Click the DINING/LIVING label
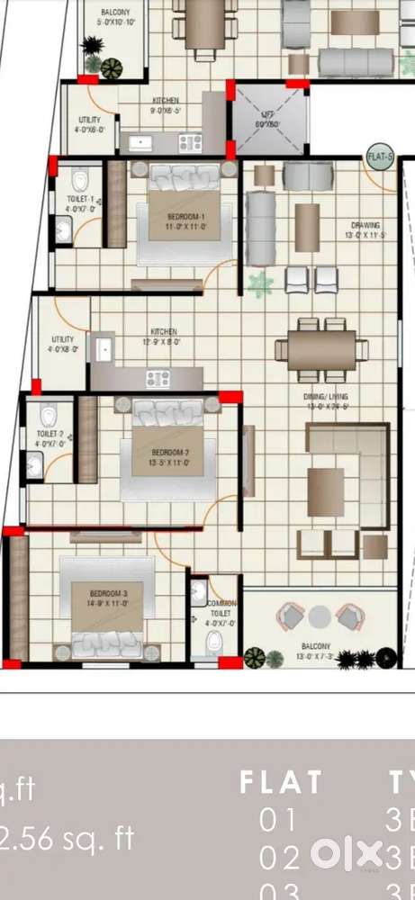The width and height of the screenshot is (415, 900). click(327, 400)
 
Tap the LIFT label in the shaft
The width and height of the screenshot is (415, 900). click(266, 118)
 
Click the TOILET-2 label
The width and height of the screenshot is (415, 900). click(49, 438)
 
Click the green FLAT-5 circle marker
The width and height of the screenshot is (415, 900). click(380, 157)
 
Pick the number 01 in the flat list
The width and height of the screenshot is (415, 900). click(279, 820)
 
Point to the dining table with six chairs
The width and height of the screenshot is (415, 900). click(322, 349)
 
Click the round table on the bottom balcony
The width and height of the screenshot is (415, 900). click(320, 617)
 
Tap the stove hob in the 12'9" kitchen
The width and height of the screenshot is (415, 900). click(159, 379)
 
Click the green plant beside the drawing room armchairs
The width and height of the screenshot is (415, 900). click(261, 285)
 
